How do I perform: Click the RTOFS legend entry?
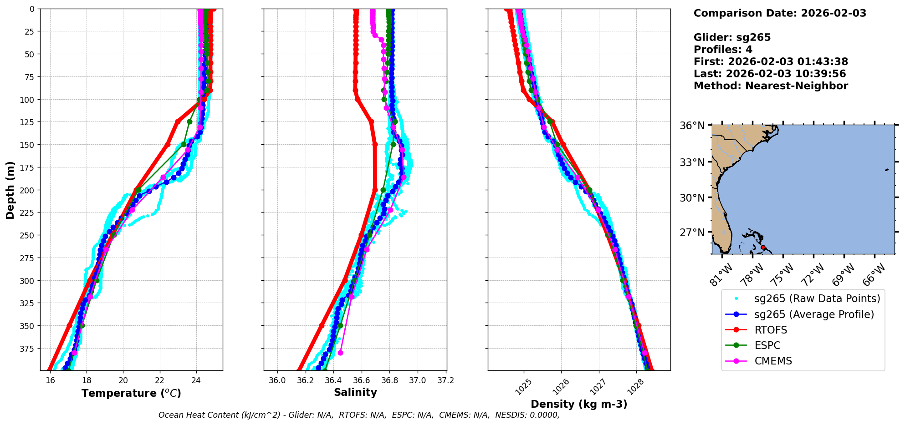tap(771, 330)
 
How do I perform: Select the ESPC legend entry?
tap(767, 345)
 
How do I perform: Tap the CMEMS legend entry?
tap(773, 361)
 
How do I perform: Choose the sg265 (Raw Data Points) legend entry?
tap(817, 299)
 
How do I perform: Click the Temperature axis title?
tap(131, 393)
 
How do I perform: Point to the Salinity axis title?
tap(355, 393)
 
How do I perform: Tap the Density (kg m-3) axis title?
tap(579, 404)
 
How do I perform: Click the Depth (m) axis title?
tap(10, 190)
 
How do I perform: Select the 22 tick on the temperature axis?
tap(160, 380)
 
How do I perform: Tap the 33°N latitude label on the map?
tap(692, 162)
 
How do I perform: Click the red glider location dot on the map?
tap(763, 247)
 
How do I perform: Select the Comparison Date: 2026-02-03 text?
tap(780, 13)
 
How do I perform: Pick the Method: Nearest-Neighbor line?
tap(771, 86)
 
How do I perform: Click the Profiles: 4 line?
tap(723, 50)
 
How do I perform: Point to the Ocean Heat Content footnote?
tap(359, 415)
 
